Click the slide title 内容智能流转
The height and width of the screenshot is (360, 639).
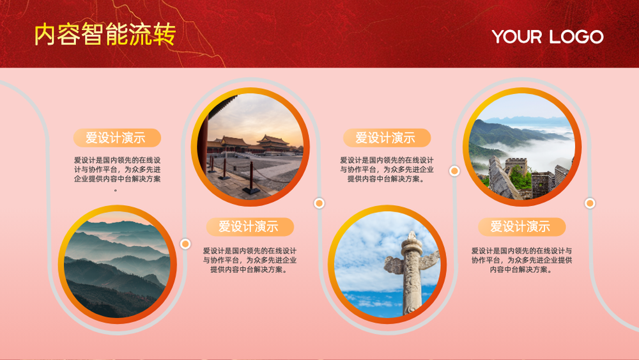[x=105, y=34]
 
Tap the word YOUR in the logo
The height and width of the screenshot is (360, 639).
[x=517, y=36]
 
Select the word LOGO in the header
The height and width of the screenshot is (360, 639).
[x=576, y=36]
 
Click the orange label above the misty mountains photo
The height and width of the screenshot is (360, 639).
[x=117, y=138]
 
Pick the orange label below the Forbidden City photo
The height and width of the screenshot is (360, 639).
[x=250, y=227]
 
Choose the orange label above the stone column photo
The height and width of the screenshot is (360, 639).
[x=387, y=138]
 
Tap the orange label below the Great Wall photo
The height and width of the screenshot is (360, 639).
[x=521, y=227]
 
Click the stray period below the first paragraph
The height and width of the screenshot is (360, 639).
[x=116, y=190]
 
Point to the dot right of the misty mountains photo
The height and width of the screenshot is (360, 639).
[x=185, y=244]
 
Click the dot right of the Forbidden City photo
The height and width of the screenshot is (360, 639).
[x=319, y=203]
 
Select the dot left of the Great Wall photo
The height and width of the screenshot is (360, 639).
[x=454, y=171]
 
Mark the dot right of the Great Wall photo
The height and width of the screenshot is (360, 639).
[x=590, y=203]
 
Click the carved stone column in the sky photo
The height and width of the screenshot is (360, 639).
[x=412, y=273]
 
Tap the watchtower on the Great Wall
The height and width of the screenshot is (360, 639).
[x=516, y=167]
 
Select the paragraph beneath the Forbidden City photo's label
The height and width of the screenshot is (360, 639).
[x=250, y=260]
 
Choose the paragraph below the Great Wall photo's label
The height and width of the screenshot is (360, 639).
[x=521, y=260]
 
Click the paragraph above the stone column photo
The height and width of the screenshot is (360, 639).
[x=387, y=169]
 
